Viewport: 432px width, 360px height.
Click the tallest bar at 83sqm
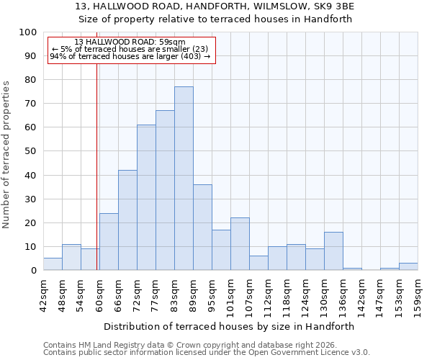tap(184, 179)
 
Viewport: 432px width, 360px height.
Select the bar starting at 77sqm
tap(165, 191)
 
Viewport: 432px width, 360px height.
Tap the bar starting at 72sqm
tap(146, 198)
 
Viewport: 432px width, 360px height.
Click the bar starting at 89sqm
tap(202, 228)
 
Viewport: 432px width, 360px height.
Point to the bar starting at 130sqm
tap(333, 251)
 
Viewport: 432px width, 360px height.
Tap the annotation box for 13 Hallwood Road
tap(132, 50)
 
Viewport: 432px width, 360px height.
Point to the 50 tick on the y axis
tap(30, 151)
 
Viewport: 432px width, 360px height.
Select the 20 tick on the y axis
tap(30, 223)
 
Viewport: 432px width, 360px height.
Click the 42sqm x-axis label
tap(43, 294)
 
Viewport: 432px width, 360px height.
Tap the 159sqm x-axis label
tap(418, 294)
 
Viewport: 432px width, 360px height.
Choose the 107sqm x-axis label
tap(249, 294)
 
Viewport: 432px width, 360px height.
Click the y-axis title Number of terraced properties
tap(6, 155)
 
